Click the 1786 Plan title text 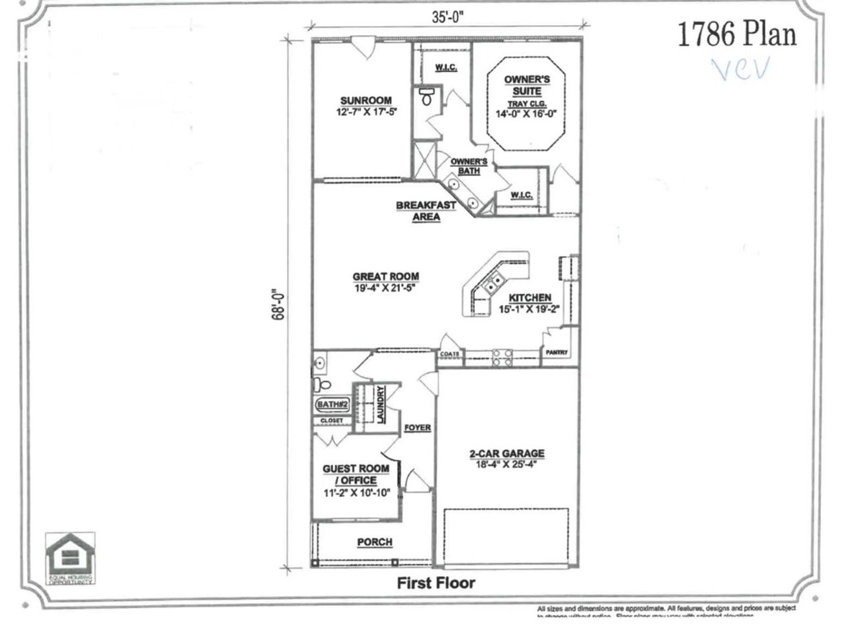737,35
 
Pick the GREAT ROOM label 385,276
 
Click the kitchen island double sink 494,284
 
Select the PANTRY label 556,353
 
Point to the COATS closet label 449,355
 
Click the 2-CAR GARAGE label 507,454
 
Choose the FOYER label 417,428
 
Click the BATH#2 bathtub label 330,404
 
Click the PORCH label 375,542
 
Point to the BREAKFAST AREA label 426,210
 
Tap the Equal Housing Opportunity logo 69,557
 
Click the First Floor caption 436,583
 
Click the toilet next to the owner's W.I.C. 426,99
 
